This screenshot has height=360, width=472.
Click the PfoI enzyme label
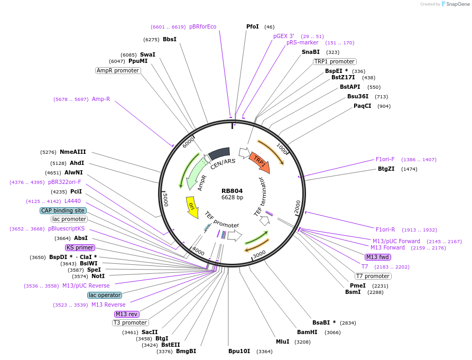tap(253, 26)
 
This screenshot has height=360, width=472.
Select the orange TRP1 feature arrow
tap(261, 161)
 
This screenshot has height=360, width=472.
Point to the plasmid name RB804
tap(232, 191)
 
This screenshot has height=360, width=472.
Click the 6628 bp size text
tap(232, 197)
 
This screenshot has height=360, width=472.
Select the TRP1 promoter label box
tap(334, 61)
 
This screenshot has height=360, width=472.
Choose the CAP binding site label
tap(63, 210)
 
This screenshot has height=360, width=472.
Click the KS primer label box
tap(80, 247)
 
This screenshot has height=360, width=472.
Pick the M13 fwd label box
tap(378, 257)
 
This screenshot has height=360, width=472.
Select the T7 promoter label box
tap(373, 276)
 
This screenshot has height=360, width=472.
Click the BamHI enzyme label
tap(307, 332)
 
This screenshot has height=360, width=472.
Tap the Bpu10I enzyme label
tap(239, 351)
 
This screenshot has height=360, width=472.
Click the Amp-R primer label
tap(101, 99)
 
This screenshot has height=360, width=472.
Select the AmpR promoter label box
tap(118, 70)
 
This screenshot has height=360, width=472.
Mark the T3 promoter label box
tap(131, 322)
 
